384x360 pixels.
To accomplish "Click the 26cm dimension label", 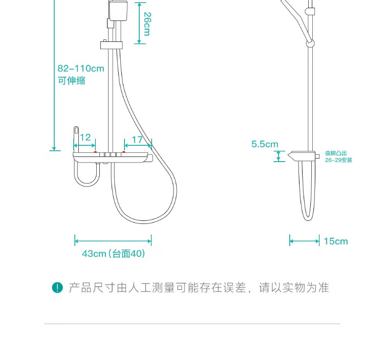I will coord(146,24).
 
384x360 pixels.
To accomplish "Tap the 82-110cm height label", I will coord(81,69).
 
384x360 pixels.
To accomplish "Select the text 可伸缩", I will coord(71,80).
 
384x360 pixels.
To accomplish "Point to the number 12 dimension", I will coord(85,137).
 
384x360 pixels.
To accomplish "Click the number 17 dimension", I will coord(137,140).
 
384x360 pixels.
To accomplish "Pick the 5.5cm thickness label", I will coord(264,144).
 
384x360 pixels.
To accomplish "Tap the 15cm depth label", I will coord(335,241).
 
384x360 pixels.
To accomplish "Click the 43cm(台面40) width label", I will coord(113,254).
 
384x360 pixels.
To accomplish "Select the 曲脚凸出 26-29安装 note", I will coord(338,156).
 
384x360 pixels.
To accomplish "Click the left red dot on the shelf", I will coord(95,152).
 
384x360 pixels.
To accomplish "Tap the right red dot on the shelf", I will coord(123,152).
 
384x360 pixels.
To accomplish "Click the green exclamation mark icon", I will coord(57,288).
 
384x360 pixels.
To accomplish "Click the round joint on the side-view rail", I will coord(310,43).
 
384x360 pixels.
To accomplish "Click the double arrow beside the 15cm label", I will coord(304,241).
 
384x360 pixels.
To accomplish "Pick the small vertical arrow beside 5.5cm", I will coord(279,156).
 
